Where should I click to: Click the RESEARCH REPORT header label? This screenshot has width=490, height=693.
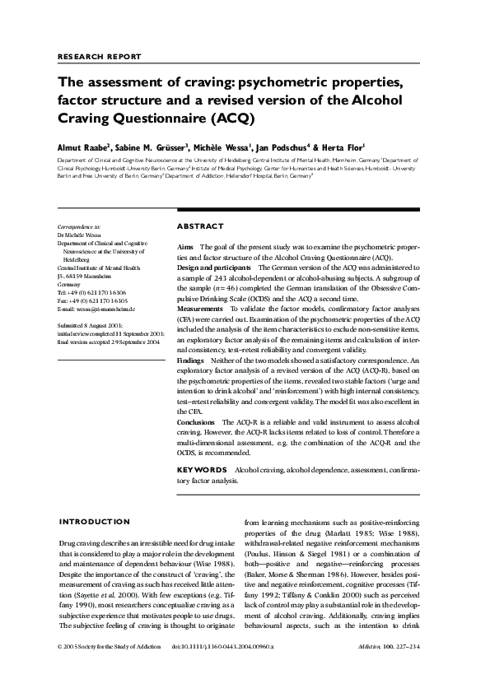click(100, 57)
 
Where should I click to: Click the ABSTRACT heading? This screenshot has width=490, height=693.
click(200, 226)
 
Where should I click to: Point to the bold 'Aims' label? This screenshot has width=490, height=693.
click(186, 247)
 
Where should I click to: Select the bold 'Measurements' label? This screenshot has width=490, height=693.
click(201, 308)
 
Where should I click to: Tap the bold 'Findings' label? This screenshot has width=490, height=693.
click(191, 360)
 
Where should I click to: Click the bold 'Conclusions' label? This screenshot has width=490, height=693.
click(196, 421)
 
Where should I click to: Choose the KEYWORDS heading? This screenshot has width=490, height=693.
click(203, 469)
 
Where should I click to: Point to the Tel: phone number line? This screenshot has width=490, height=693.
click(92, 292)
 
